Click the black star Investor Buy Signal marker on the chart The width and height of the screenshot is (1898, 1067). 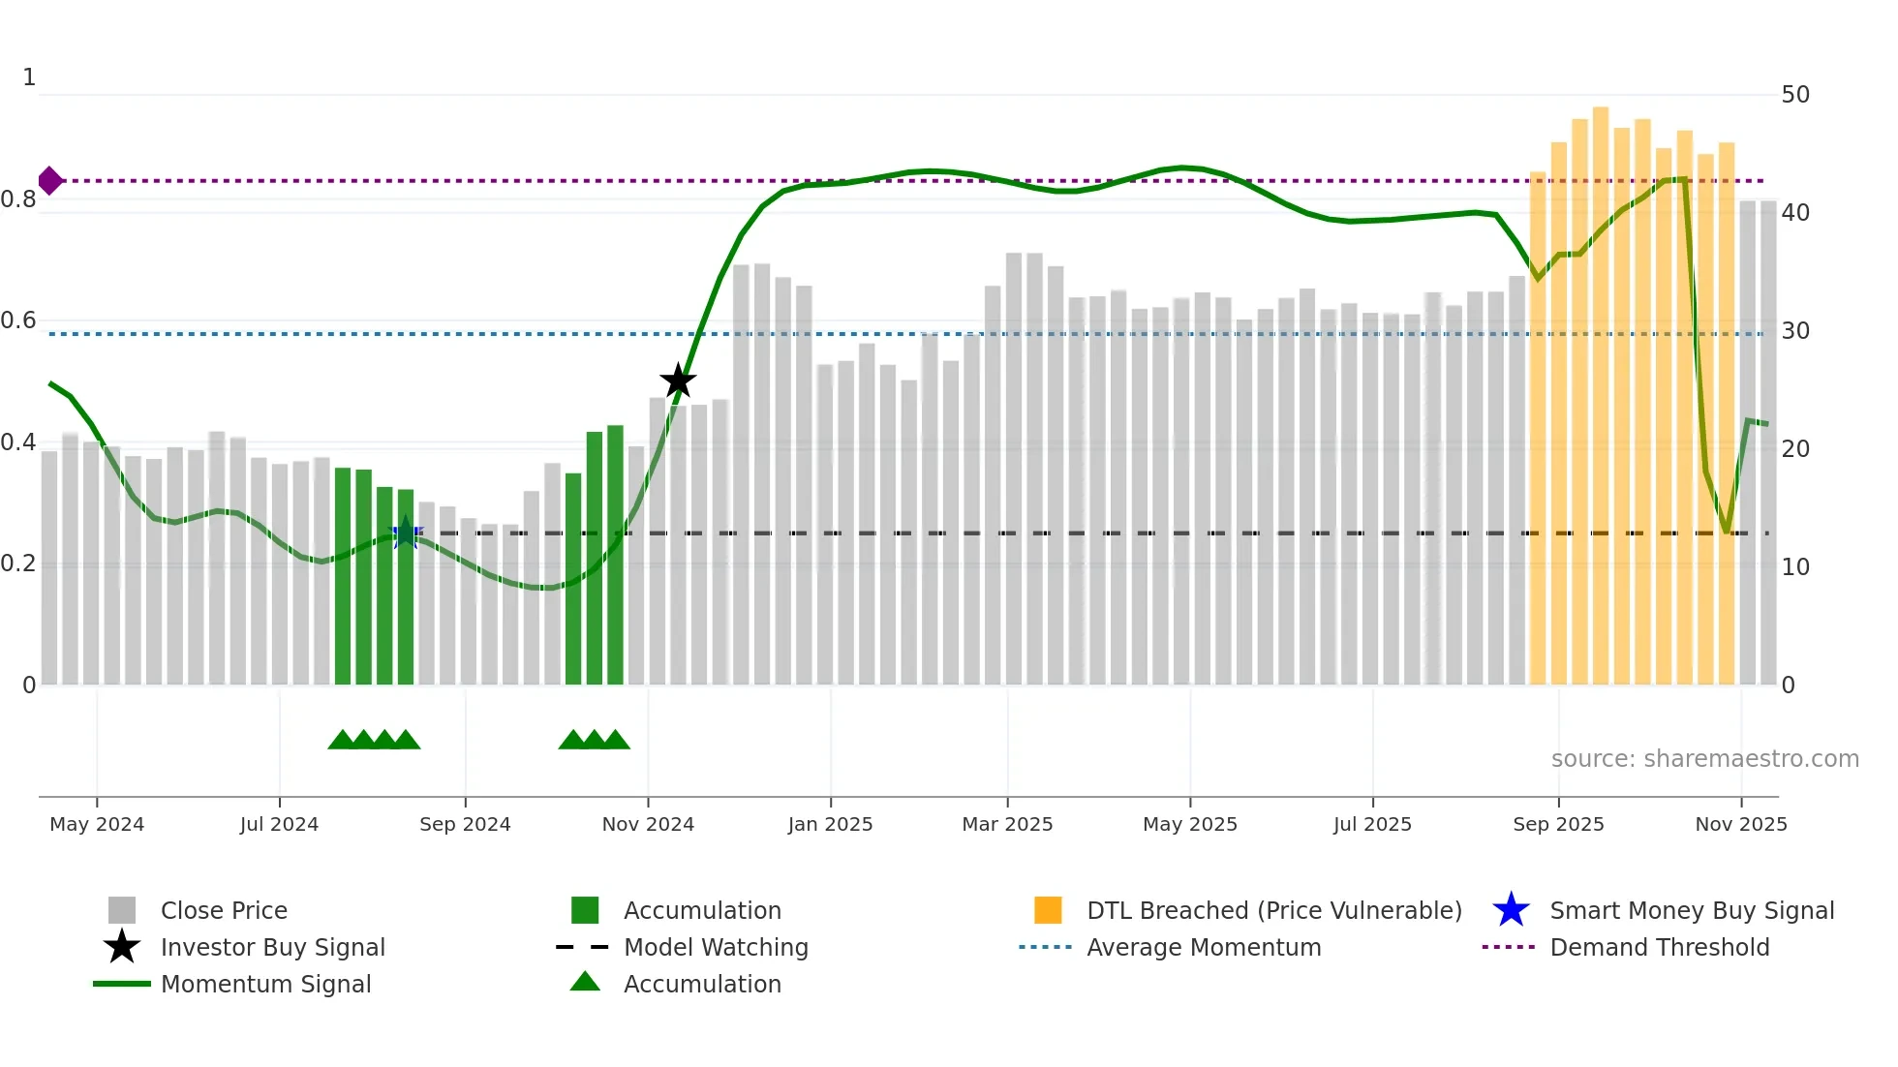678,381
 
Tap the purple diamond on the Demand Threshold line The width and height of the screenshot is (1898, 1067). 50,181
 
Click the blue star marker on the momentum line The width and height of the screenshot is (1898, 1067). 405,533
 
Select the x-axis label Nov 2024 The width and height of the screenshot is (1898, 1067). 648,824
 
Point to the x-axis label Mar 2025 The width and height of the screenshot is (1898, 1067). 1007,824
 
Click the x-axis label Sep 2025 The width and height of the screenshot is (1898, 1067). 1558,824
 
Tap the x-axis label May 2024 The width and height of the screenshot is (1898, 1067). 97,824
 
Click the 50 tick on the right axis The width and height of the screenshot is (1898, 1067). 1795,95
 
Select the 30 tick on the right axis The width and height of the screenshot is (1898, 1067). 1795,331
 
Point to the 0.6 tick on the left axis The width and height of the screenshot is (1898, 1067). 18,320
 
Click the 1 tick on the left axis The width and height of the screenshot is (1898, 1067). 29,77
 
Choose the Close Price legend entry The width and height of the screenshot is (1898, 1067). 223,911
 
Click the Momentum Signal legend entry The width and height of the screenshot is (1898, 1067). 265,985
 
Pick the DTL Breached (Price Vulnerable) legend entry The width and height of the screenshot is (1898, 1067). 1273,911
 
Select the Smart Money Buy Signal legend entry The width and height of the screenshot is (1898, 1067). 1691,911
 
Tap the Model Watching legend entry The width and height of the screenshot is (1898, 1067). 716,948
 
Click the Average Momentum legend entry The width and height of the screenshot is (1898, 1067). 1203,948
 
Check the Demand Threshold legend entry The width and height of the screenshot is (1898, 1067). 1659,948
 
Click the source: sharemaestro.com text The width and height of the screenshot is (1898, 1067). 1704,759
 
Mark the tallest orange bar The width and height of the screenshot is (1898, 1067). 1601,397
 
